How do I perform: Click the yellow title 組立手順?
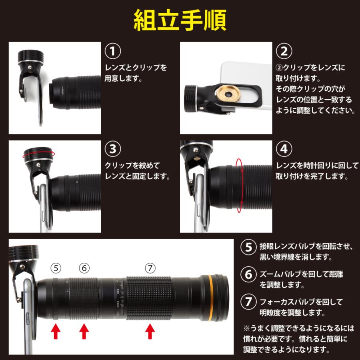(180, 20)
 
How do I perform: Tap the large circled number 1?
(113, 52)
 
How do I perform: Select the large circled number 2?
(284, 52)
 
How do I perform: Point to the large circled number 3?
(113, 149)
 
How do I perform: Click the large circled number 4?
(284, 149)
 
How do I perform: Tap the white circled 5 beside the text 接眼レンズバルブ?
(249, 247)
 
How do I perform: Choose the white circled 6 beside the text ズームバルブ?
(249, 274)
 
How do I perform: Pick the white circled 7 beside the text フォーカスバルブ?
(249, 302)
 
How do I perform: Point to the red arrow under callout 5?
(56, 331)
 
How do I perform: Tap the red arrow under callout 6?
(84, 331)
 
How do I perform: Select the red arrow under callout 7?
(150, 331)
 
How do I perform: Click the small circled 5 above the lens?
(56, 268)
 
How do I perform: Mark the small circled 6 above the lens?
(84, 268)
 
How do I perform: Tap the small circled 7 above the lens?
(150, 268)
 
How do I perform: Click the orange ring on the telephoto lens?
(210, 298)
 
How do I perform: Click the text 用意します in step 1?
(123, 79)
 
